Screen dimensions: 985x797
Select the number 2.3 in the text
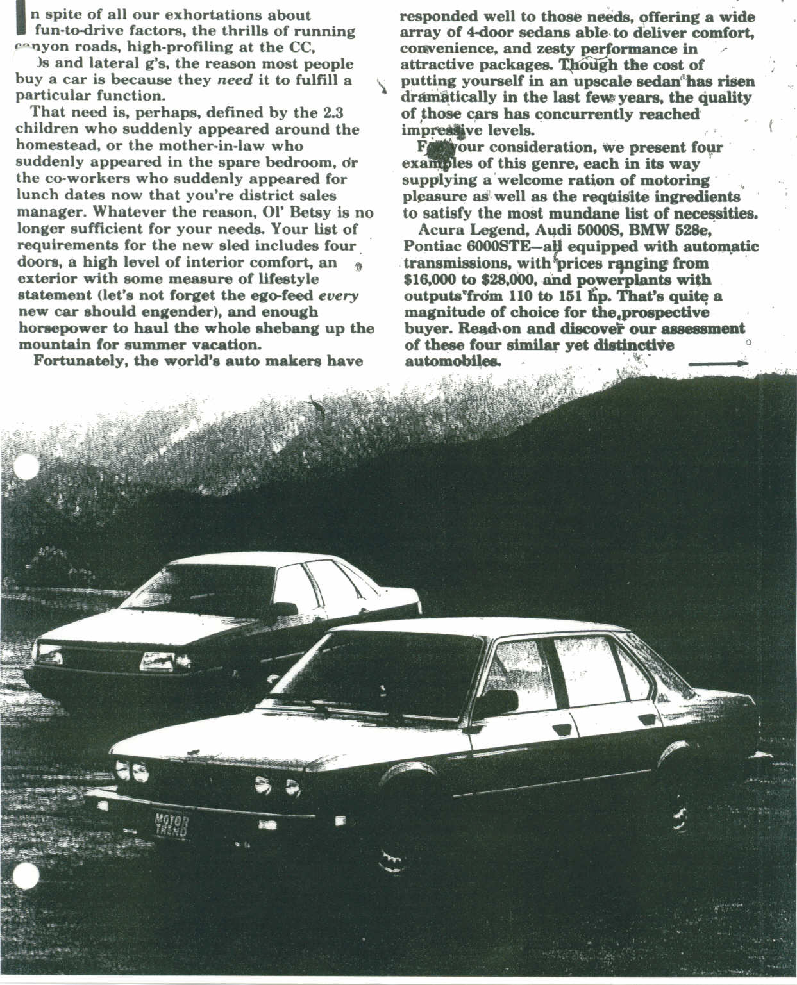pos(331,113)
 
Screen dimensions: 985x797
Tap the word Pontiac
pos(432,247)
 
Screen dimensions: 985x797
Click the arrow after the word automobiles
pos(718,363)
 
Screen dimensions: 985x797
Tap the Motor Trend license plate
pos(172,825)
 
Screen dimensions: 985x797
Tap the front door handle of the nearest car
pos(562,729)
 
